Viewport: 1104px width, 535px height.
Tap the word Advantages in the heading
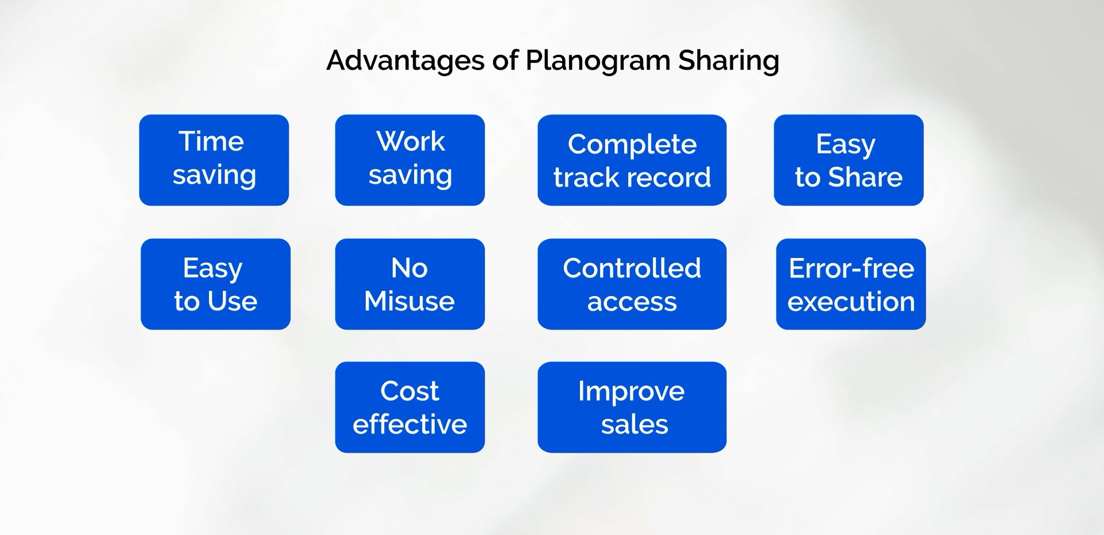pos(406,60)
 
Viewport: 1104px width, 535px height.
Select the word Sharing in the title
pos(729,61)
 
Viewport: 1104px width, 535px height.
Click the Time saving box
pos(214,160)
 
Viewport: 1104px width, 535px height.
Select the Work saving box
pos(410,160)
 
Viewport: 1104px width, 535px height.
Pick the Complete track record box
pos(632,160)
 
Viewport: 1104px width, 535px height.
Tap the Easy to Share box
pos(849,160)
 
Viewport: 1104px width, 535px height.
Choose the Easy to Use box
pos(216,284)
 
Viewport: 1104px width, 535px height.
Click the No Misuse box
pos(410,284)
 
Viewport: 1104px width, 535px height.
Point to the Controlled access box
pos(632,284)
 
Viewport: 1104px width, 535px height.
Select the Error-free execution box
pos(851,284)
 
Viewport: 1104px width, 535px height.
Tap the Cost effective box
pos(410,407)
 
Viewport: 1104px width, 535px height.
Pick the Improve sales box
pos(632,407)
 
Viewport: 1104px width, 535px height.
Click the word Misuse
pos(410,301)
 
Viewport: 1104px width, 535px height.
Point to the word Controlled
pos(632,268)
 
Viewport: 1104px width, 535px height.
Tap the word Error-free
pos(851,268)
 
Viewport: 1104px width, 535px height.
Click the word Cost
pos(410,391)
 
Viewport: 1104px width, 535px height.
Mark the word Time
pos(212,141)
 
